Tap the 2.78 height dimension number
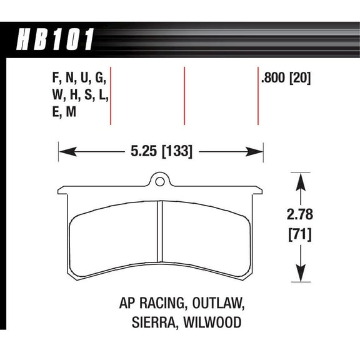point(301,216)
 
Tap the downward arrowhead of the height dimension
point(301,272)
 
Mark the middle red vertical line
point(184,96)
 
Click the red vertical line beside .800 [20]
point(258,96)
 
